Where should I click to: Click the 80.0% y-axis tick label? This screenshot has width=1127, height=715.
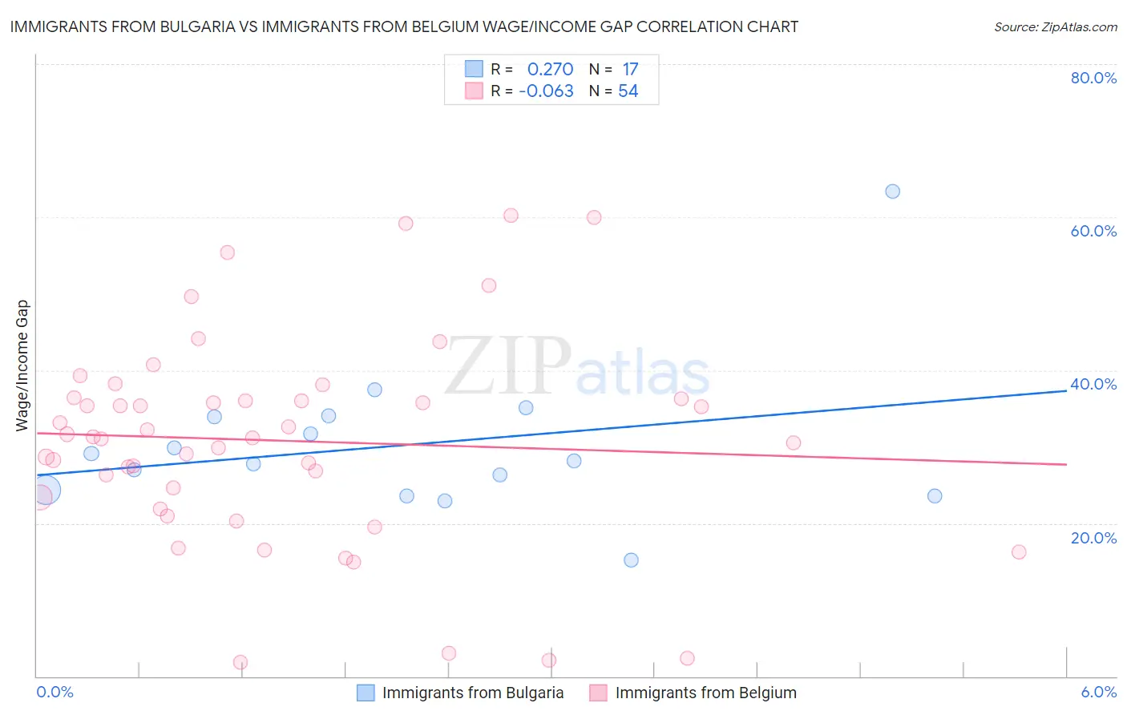click(x=1093, y=78)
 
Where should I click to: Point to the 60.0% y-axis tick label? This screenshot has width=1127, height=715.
click(x=1093, y=231)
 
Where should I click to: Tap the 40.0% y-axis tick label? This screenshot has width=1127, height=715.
click(x=1093, y=384)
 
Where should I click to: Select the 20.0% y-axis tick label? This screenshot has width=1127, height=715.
click(x=1093, y=538)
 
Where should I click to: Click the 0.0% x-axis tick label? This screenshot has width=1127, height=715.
click(x=55, y=692)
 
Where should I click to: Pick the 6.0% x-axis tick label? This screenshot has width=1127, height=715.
click(x=1098, y=692)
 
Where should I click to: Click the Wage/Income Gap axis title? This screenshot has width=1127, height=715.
click(x=22, y=366)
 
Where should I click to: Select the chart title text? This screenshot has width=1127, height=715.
click(x=404, y=26)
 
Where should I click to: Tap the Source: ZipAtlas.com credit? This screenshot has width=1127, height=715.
click(x=1055, y=27)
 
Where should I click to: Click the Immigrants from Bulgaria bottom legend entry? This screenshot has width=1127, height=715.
click(x=472, y=693)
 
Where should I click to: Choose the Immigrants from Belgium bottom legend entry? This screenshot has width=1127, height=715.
click(x=705, y=693)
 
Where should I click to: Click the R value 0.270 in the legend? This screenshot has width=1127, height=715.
click(x=550, y=70)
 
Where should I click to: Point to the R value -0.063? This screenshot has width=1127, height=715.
click(x=546, y=91)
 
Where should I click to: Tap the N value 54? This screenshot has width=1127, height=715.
click(x=628, y=91)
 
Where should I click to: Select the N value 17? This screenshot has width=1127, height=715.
click(x=630, y=70)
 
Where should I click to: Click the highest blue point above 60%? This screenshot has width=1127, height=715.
click(x=892, y=192)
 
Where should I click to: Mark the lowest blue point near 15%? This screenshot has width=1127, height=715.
click(x=631, y=560)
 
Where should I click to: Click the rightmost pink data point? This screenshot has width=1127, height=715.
click(x=1019, y=551)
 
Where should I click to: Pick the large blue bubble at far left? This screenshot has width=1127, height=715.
click(x=46, y=489)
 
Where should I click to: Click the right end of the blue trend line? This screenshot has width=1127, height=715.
click(x=1066, y=390)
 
